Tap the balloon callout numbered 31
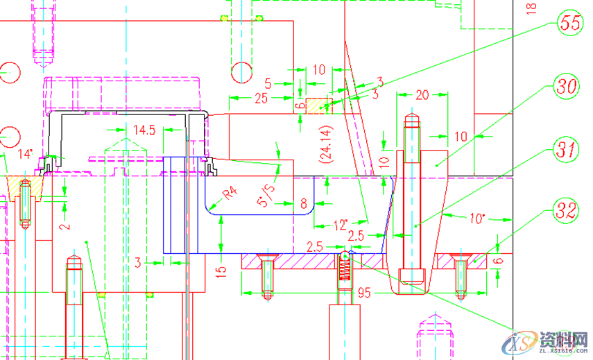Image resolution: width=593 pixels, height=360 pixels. tap(567, 149)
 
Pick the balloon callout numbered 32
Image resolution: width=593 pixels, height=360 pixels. tap(567, 211)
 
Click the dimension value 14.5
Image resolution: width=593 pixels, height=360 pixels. tap(144, 130)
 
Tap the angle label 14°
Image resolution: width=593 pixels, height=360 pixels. tap(25, 154)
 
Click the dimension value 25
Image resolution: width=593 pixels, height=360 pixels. tap(261, 98)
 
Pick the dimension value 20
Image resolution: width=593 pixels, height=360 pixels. tap(422, 95)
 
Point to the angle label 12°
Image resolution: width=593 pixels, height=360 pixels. tap(341, 225)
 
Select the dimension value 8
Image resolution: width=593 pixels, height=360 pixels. tap(303, 204)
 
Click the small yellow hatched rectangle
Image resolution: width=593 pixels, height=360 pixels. tap(317, 106)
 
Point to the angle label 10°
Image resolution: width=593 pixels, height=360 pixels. tap(476, 219)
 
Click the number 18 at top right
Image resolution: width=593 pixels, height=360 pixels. tap(532, 8)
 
